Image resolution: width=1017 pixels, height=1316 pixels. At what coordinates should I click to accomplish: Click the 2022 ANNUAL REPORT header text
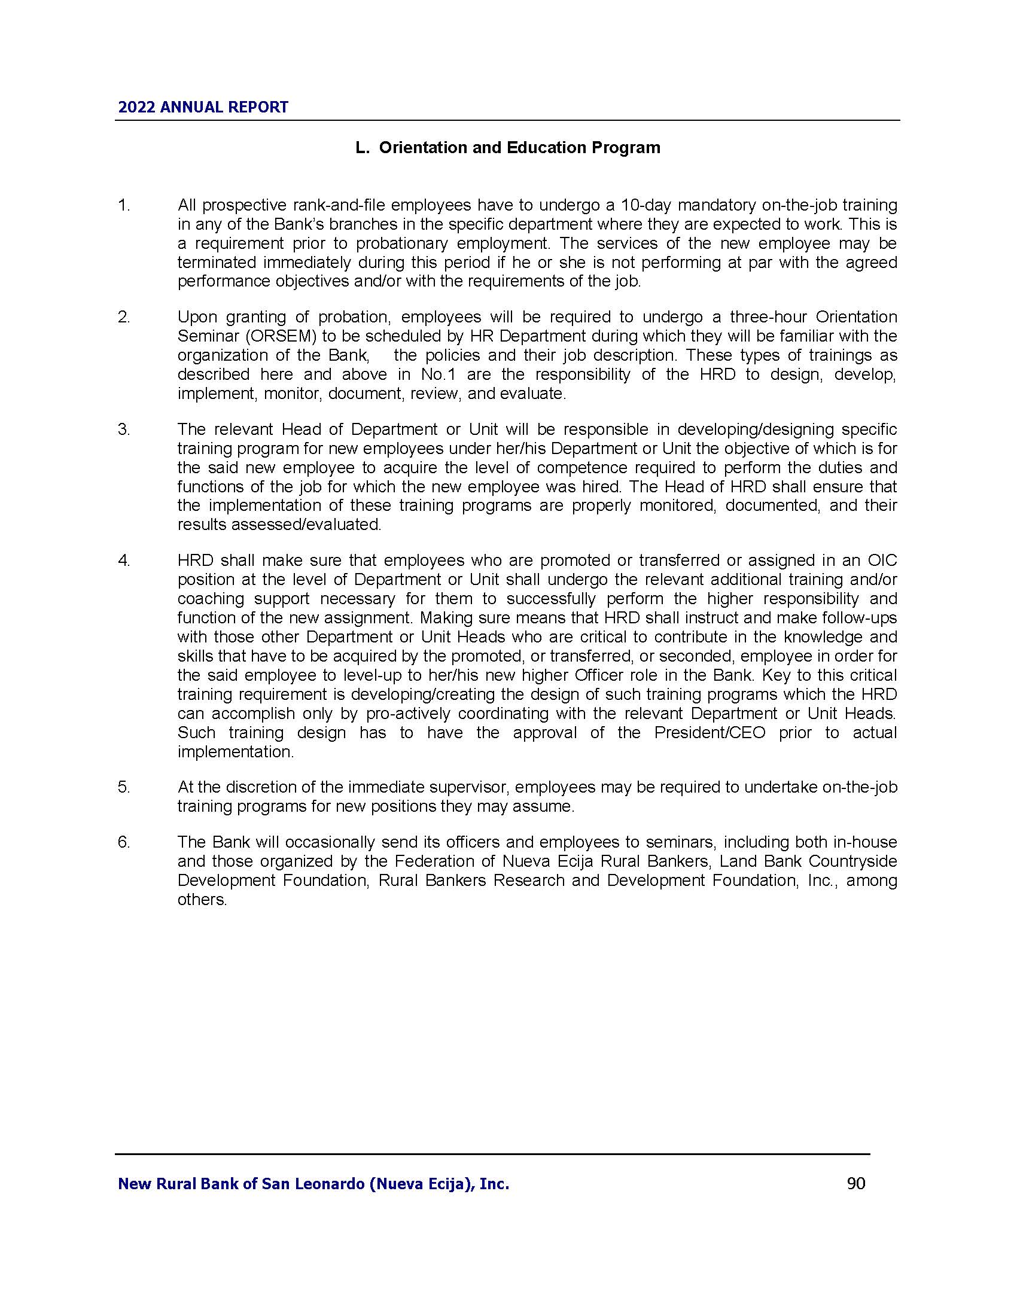tap(203, 108)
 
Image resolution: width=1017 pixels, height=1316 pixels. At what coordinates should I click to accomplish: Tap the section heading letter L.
tap(361, 148)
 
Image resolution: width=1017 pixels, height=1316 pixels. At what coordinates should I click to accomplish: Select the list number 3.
tap(123, 429)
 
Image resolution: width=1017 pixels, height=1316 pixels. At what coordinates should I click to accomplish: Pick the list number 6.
tap(123, 842)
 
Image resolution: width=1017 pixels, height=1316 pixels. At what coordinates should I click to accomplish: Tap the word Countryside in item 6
tap(852, 861)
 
